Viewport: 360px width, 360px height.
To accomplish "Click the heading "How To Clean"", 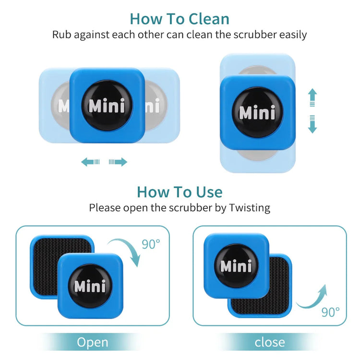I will (180, 19).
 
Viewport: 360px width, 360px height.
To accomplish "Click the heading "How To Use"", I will (180, 192).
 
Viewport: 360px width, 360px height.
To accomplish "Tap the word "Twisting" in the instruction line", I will (250, 208).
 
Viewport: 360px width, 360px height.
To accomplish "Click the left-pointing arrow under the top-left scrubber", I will (90, 162).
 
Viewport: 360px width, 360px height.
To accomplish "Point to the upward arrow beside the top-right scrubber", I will (312, 97).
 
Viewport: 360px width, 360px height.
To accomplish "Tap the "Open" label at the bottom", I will (93, 342).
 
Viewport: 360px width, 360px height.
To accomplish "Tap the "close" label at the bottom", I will (269, 342).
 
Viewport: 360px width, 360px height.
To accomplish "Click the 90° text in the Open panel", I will (151, 244).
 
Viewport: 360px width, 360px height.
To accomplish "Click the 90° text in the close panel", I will (331, 312).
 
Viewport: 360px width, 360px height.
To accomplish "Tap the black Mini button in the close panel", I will (236, 265).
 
